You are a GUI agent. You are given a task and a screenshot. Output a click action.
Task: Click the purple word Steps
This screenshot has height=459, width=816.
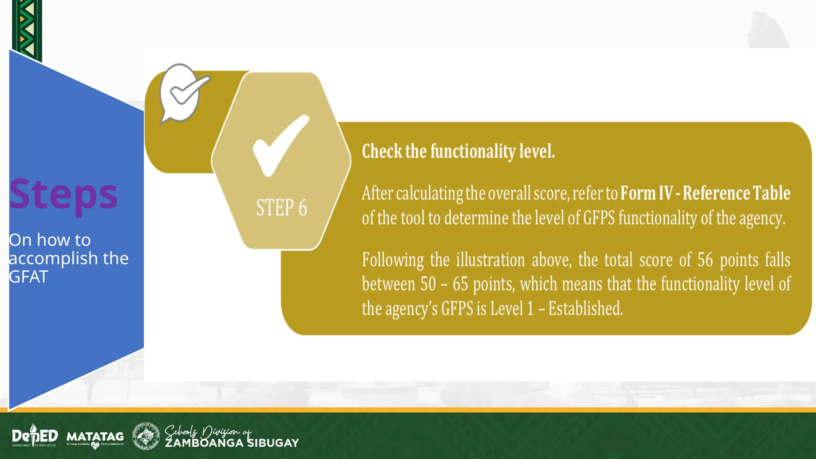pyautogui.click(x=63, y=194)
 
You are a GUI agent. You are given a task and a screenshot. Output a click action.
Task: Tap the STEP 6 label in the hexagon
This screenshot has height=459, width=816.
pyautogui.click(x=281, y=208)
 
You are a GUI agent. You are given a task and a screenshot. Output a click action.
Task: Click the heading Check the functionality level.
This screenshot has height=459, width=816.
pyautogui.click(x=458, y=151)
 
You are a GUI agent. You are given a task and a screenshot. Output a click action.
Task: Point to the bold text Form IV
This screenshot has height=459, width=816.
pyautogui.click(x=646, y=193)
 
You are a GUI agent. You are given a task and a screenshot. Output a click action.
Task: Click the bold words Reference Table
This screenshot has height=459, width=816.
pyautogui.click(x=736, y=193)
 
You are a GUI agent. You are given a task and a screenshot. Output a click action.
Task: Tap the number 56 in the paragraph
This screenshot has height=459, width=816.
pyautogui.click(x=704, y=260)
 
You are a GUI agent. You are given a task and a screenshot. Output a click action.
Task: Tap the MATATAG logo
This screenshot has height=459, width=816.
pyautogui.click(x=95, y=437)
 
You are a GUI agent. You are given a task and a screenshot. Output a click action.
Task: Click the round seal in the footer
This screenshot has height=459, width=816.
pyautogui.click(x=145, y=436)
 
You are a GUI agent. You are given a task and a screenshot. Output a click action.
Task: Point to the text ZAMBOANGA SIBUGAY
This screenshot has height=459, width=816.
pyautogui.click(x=232, y=443)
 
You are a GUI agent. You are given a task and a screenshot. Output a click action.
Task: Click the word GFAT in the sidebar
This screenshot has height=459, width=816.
pyautogui.click(x=29, y=277)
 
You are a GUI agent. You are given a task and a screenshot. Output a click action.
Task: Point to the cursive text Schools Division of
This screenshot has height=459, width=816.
pyautogui.click(x=208, y=431)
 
